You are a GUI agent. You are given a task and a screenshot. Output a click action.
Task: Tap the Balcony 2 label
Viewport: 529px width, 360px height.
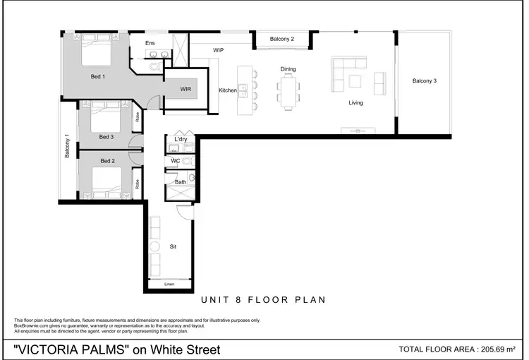282,39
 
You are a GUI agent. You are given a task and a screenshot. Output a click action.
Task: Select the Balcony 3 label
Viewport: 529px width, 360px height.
425,81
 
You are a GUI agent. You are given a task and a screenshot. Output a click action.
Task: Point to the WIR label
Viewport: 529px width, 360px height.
186,90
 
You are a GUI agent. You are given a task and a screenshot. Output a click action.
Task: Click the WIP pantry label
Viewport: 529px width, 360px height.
219,50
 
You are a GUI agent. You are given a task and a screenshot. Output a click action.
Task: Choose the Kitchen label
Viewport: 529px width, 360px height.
228,90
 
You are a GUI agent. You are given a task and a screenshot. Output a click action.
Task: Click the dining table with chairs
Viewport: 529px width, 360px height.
288,92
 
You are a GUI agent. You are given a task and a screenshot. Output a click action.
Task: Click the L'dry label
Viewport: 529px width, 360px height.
181,140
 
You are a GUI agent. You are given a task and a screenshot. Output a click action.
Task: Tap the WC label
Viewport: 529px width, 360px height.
176,161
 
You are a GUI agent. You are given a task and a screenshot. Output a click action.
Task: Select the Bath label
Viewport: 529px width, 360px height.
181,182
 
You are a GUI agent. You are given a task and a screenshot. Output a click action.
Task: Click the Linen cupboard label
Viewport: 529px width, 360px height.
169,284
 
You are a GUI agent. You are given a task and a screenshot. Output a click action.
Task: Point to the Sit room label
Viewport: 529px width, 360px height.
172,247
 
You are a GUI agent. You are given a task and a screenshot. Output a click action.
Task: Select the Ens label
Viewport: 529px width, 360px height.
150,44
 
